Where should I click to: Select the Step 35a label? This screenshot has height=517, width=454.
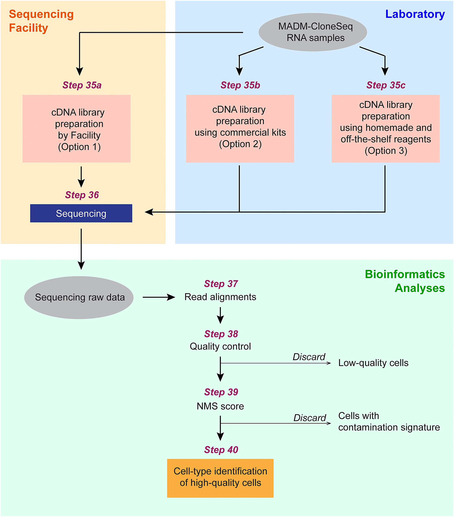click(x=82, y=85)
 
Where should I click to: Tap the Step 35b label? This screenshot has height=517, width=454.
click(x=240, y=85)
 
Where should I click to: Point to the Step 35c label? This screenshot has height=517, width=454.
click(x=386, y=85)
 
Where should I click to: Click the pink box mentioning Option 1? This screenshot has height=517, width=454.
click(x=76, y=129)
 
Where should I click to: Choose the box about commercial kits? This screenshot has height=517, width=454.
click(x=240, y=129)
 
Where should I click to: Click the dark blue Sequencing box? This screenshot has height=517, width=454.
click(x=81, y=213)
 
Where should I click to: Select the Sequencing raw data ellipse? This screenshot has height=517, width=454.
click(x=79, y=297)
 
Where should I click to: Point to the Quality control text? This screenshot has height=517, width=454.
click(x=220, y=346)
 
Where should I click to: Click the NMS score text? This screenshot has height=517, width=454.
click(x=220, y=406)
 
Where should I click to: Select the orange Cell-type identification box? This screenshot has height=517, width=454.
click(x=220, y=478)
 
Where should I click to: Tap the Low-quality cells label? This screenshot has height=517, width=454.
click(x=373, y=363)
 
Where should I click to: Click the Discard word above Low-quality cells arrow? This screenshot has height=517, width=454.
click(x=309, y=357)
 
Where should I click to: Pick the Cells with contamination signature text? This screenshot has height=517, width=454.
click(x=389, y=421)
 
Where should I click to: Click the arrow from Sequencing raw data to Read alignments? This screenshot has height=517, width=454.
click(x=159, y=297)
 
